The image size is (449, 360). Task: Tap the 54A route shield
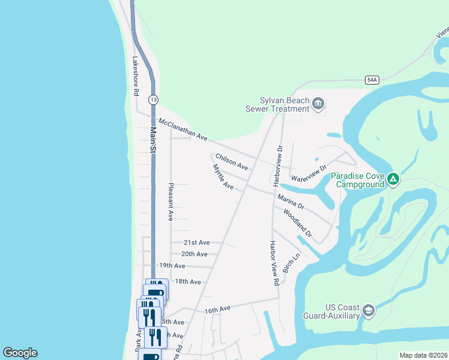[372, 80]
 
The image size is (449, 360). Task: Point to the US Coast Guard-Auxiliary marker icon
[369, 310]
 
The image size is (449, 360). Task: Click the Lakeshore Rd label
[136, 76]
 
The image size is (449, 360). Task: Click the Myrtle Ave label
[223, 177]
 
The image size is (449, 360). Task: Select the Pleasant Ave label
[171, 202]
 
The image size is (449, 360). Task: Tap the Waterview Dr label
[309, 173]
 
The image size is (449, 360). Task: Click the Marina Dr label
[291, 201]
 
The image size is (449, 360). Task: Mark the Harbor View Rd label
[273, 263]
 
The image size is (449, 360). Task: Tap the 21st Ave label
[197, 242]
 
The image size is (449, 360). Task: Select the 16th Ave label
[217, 310]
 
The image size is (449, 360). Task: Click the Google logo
[20, 353]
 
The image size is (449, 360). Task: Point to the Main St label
[153, 139]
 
